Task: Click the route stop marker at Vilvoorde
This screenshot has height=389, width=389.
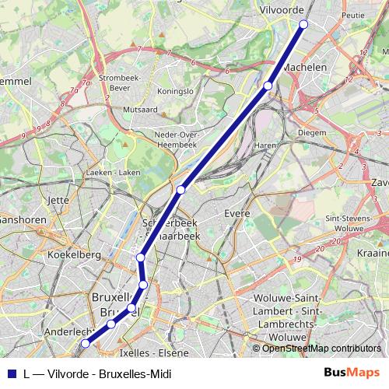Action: tap(303, 24)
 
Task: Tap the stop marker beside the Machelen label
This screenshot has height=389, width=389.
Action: tap(268, 86)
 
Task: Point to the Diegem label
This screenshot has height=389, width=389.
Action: tap(290, 132)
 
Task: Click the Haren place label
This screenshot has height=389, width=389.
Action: tap(265, 145)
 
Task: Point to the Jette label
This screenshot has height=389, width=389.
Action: tap(59, 200)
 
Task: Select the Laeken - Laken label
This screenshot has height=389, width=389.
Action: tap(114, 172)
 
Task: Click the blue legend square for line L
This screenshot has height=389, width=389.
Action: tap(11, 373)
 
